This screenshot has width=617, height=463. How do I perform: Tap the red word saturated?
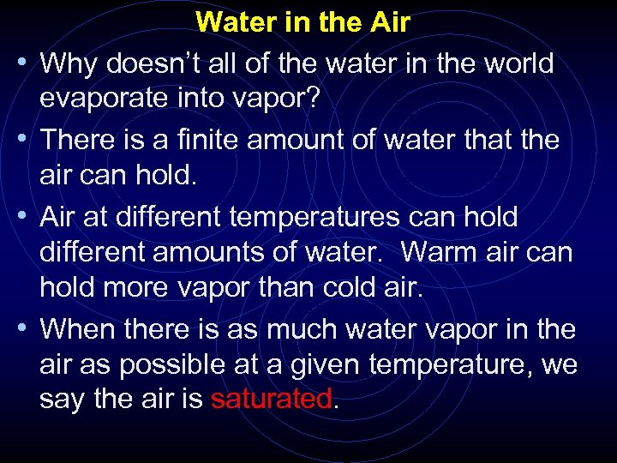point(270,398)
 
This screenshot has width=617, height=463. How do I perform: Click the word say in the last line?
point(59,400)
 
